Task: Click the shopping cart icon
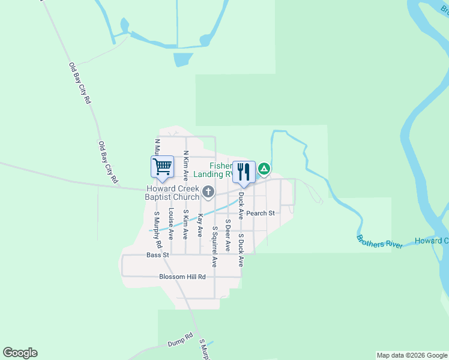click(162, 167)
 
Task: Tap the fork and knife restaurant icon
click(243, 172)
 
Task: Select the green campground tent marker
click(264, 170)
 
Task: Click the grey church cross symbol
click(208, 192)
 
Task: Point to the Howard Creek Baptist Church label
click(172, 193)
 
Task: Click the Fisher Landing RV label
click(222, 170)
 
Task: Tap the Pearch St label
click(260, 213)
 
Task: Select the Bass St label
click(158, 255)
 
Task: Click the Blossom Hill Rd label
click(182, 277)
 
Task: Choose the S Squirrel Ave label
click(214, 246)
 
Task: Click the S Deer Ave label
click(228, 235)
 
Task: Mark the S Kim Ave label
click(185, 223)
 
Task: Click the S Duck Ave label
click(240, 249)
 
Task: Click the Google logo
click(20, 353)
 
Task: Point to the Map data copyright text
click(412, 355)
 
